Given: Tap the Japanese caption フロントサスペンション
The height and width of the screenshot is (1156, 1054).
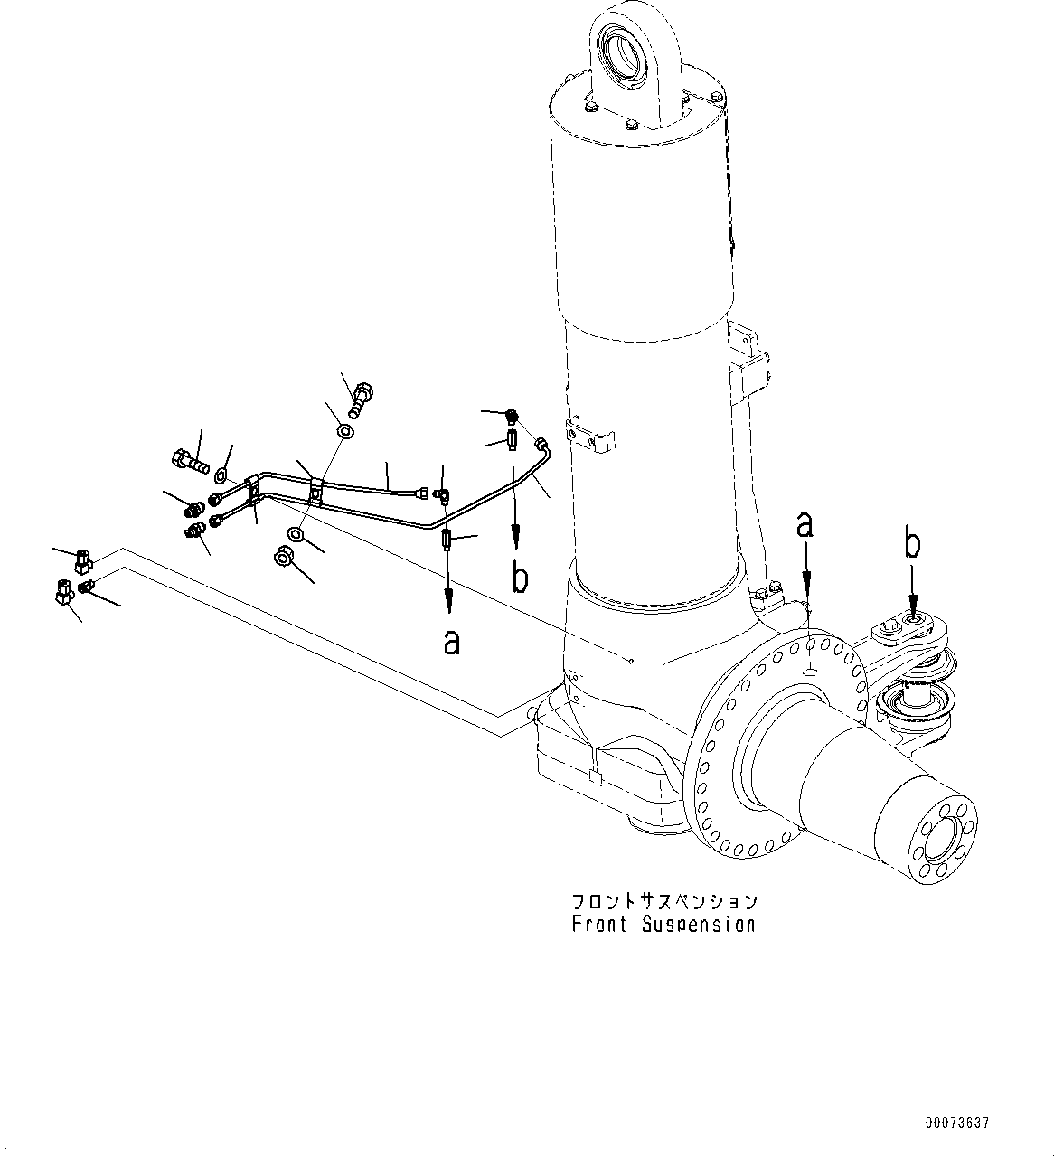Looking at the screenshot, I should [663, 902].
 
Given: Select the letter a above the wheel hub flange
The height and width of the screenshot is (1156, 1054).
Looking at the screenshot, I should [805, 525].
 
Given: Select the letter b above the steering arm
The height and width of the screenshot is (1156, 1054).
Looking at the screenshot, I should [913, 545].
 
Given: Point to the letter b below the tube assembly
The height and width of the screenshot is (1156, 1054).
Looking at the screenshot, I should [519, 578].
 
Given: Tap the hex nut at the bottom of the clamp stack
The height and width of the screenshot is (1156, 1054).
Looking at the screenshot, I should [282, 558].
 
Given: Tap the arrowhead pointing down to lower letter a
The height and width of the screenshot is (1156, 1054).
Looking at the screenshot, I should [448, 602].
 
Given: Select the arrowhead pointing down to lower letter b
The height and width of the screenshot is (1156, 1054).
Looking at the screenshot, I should [516, 541].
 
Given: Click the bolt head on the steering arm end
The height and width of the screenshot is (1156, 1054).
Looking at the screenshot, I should [913, 620].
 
